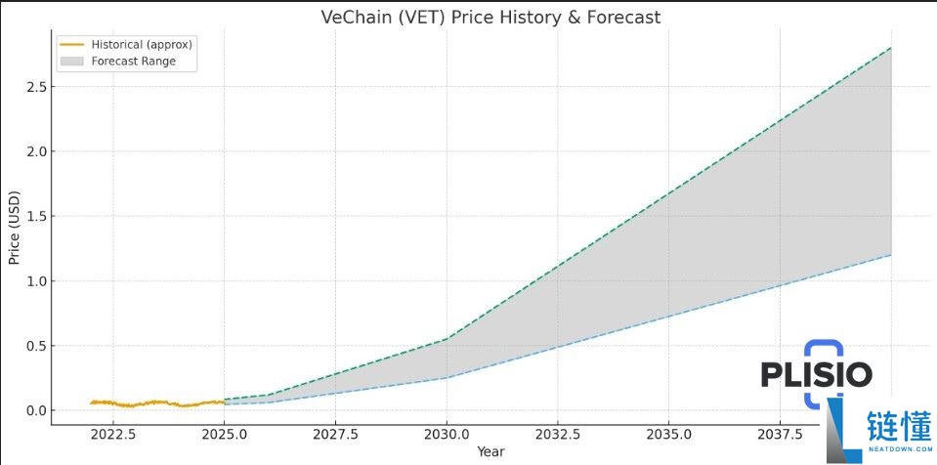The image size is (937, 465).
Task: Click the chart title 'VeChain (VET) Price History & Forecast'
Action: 490,18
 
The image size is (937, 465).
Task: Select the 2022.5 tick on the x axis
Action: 113,434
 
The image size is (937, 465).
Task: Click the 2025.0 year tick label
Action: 225,434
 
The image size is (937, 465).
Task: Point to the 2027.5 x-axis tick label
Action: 336,434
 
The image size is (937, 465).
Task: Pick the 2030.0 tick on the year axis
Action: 447,434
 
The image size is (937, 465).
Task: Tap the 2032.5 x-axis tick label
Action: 558,434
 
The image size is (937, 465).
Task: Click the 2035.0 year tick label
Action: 669,434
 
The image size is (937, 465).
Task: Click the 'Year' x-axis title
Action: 490,451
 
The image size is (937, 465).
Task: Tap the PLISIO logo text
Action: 816,373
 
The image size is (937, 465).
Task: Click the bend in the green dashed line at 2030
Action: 447,339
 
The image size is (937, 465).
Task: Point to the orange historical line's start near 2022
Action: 91,402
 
